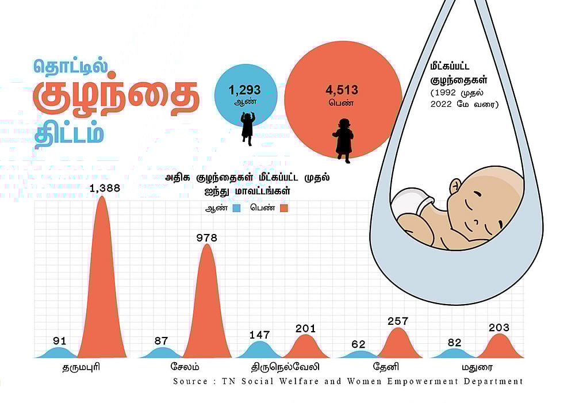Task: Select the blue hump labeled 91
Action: click(60, 352)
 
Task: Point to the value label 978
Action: click(206, 237)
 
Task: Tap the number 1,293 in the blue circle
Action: click(244, 90)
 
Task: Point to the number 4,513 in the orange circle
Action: click(342, 90)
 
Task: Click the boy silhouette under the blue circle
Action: click(247, 128)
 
